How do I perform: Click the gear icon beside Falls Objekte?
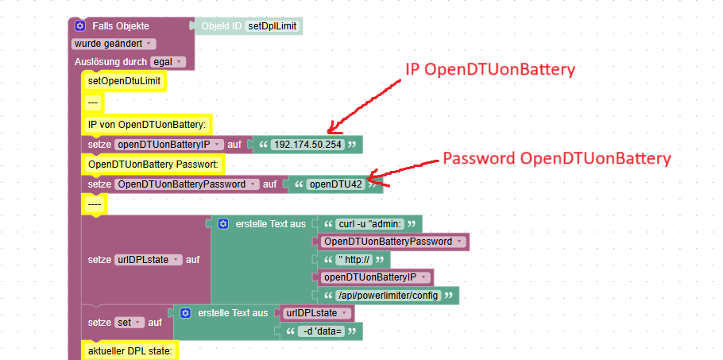(80, 26)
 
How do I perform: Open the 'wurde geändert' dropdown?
(114, 43)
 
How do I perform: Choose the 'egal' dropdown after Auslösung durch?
(167, 61)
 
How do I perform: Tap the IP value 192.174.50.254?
(307, 145)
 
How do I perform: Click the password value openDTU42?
(335, 184)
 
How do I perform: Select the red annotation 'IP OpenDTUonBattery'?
(489, 70)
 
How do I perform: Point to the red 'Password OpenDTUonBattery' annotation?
(556, 159)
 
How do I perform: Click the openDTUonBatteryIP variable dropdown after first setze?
(168, 145)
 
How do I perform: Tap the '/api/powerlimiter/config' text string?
(387, 296)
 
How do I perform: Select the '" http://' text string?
(354, 260)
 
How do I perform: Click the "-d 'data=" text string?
(319, 331)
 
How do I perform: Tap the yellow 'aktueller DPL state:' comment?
(130, 350)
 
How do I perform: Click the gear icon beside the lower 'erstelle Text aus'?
(185, 313)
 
